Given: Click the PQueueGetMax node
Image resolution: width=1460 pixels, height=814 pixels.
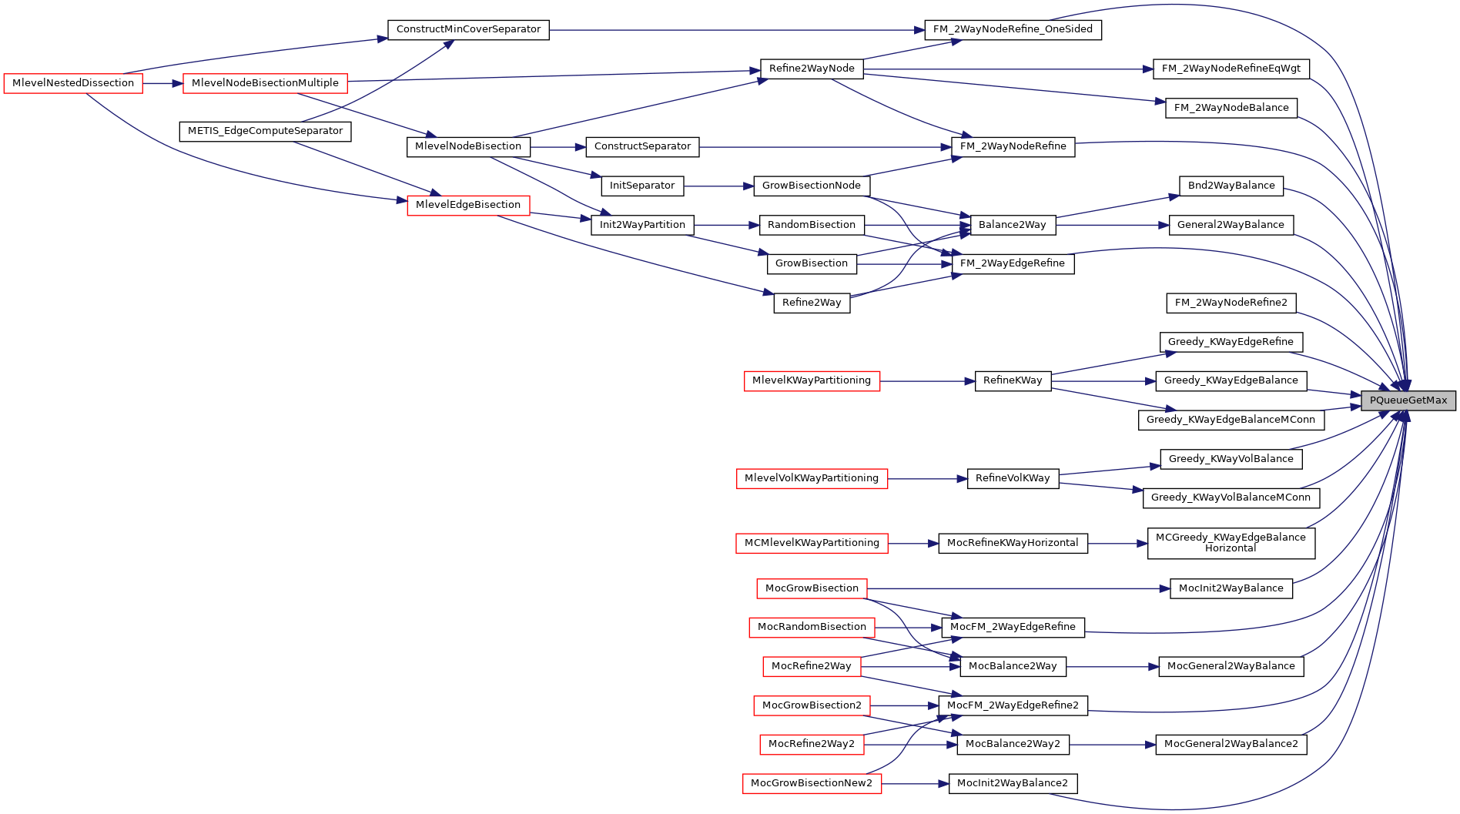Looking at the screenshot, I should pyautogui.click(x=1408, y=400).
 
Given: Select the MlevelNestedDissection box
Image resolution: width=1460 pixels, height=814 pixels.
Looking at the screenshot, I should pyautogui.click(x=73, y=83).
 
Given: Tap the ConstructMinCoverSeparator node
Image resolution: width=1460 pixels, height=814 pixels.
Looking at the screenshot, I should pyautogui.click(x=468, y=29).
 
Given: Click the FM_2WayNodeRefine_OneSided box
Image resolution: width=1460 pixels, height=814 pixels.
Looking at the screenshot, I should pyautogui.click(x=1013, y=29).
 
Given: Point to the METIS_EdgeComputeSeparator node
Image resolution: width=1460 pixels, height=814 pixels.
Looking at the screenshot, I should pyautogui.click(x=265, y=131).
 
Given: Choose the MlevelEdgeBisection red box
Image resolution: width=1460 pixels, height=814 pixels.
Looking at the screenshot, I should pyautogui.click(x=468, y=205).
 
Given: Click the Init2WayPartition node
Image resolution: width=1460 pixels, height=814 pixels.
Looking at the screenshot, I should pyautogui.click(x=642, y=225).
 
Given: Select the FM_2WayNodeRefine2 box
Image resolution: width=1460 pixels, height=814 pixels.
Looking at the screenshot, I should pyautogui.click(x=1231, y=303).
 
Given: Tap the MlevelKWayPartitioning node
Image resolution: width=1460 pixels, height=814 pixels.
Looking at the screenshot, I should pyautogui.click(x=812, y=380).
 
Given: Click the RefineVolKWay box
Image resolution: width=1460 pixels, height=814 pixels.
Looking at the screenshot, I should pyautogui.click(x=1013, y=478).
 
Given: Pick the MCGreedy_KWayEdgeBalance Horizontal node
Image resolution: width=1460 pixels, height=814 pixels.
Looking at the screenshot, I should pyautogui.click(x=1231, y=543).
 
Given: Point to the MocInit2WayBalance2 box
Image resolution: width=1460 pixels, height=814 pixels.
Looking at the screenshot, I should pyautogui.click(x=1013, y=783).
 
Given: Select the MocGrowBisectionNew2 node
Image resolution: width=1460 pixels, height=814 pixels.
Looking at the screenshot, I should pyautogui.click(x=812, y=783).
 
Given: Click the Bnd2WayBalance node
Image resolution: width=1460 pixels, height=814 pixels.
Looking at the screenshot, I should pyautogui.click(x=1231, y=186).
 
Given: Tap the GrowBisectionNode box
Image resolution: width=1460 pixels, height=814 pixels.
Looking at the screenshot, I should pyautogui.click(x=812, y=186).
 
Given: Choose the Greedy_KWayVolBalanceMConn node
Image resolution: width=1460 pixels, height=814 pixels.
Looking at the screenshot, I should pyautogui.click(x=1231, y=497).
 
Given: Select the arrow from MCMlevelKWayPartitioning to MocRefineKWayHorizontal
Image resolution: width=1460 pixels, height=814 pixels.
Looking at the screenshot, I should pyautogui.click(x=913, y=543).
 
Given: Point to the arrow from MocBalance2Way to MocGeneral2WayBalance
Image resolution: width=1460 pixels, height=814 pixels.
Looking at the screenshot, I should pyautogui.click(x=1113, y=666).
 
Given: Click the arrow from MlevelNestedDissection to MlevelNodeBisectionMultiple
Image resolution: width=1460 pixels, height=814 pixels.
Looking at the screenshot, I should pyautogui.click(x=162, y=83).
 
